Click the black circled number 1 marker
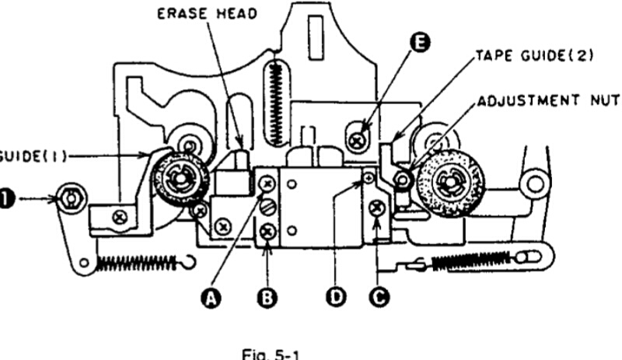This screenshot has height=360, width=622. click(x=6, y=200)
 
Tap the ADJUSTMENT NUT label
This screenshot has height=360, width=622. click(x=549, y=102)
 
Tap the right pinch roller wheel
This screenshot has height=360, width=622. click(x=449, y=184)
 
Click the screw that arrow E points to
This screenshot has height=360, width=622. click(x=358, y=141)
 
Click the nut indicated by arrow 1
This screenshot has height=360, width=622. click(x=71, y=199)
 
